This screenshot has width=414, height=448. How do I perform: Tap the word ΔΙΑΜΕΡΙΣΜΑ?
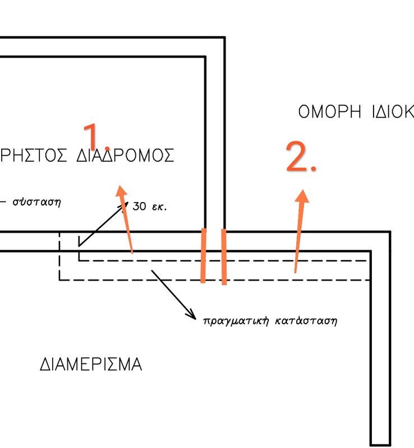pyautogui.click(x=91, y=365)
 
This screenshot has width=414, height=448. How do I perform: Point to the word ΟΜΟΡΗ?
pyautogui.click(x=329, y=111)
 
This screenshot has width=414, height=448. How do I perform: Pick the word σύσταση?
pyautogui.click(x=36, y=202)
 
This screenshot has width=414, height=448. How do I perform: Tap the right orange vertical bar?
pyautogui.click(x=224, y=256)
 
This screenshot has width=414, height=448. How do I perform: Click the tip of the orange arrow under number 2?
pyautogui.click(x=303, y=192)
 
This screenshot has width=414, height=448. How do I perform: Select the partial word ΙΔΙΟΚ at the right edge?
pyautogui.click(x=392, y=111)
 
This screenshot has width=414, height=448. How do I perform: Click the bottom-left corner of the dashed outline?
pyautogui.click(x=59, y=279)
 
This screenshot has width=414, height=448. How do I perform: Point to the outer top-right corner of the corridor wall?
pyautogui.click(x=224, y=38)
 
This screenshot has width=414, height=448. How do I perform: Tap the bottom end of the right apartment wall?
pyautogui.click(x=380, y=444)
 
